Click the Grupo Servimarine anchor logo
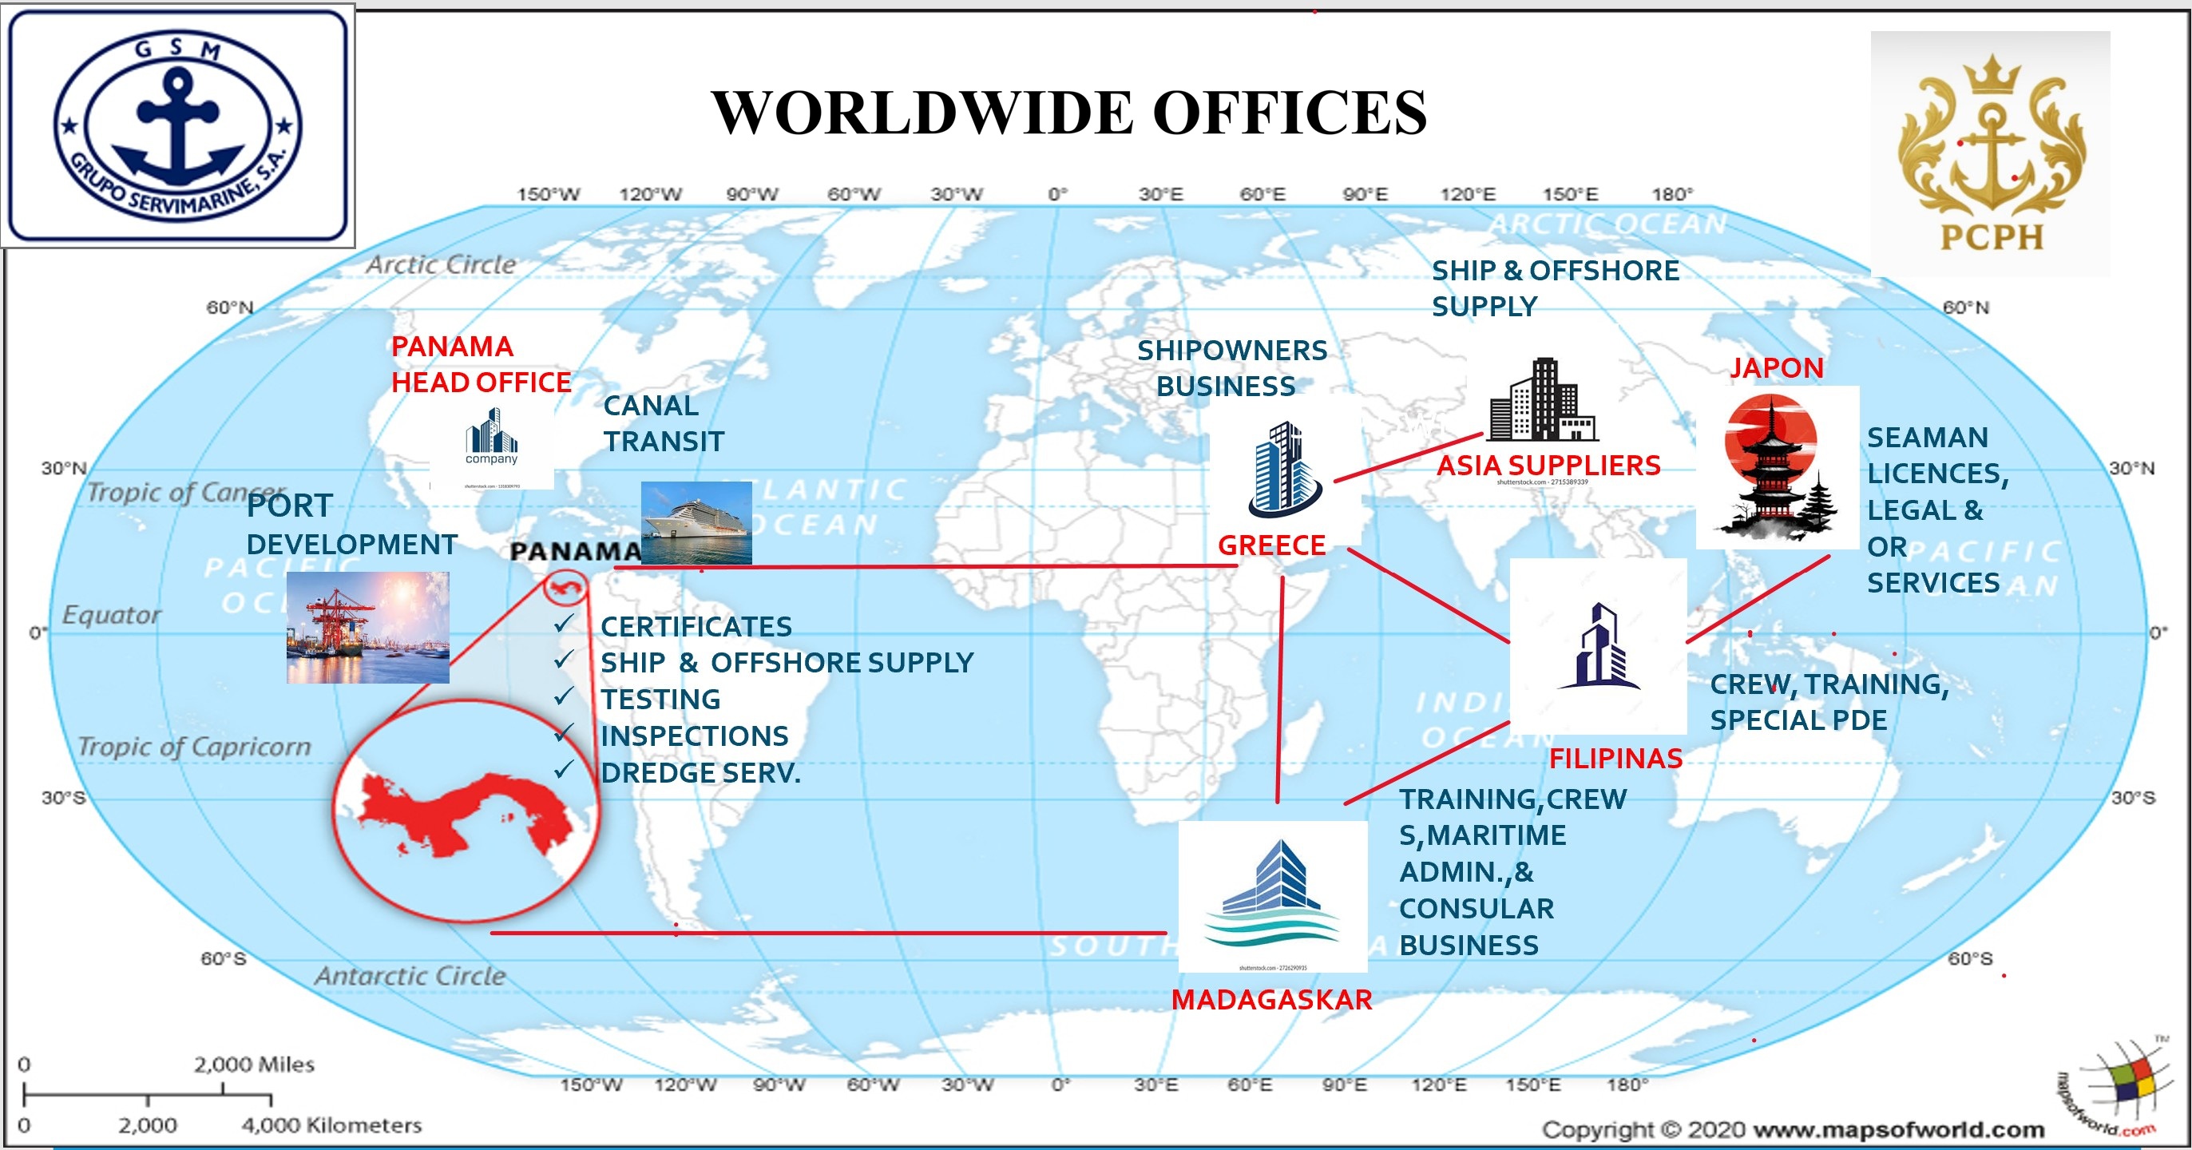click(177, 126)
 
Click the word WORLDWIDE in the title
click(922, 113)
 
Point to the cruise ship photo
click(696, 521)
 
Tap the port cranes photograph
click(367, 628)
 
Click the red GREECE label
click(1271, 545)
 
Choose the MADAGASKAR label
click(1271, 999)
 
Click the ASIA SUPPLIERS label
click(1548, 465)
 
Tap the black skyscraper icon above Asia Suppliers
click(1543, 400)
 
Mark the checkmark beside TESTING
click(563, 697)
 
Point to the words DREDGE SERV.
click(700, 773)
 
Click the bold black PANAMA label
click(575, 552)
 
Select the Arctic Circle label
click(441, 264)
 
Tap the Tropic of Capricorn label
click(194, 747)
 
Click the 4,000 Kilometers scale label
click(331, 1125)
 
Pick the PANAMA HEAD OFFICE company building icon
click(491, 436)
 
